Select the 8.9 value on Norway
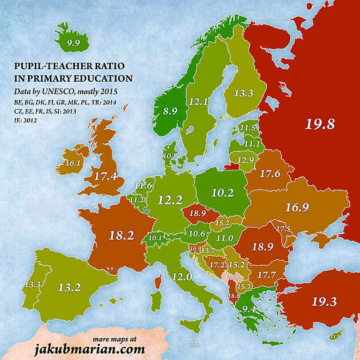pos(170,111)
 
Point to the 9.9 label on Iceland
pos(73,42)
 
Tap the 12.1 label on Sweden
pos(198,102)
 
